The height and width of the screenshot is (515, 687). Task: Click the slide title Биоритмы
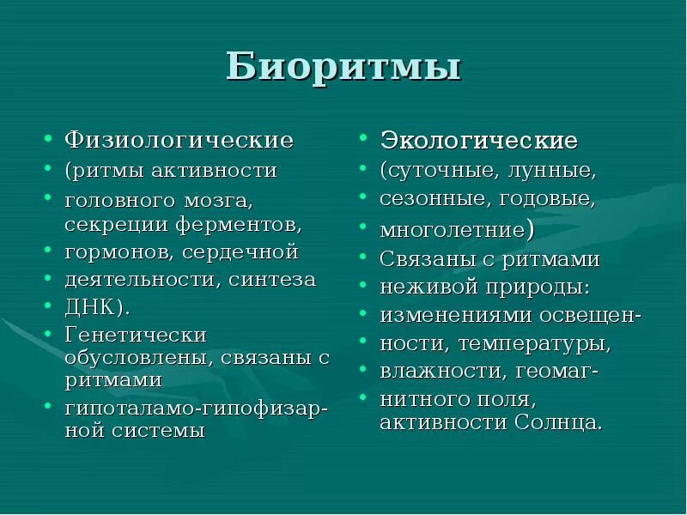[343, 67]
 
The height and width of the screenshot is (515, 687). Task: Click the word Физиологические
[179, 139]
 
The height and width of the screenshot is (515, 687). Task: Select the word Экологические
[479, 140]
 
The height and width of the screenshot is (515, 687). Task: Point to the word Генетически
[136, 334]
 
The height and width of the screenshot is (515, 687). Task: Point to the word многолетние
[452, 230]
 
